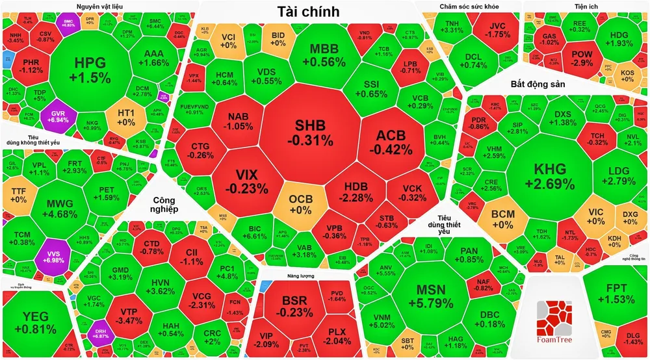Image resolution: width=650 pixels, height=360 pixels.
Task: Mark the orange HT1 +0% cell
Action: (x=125, y=117)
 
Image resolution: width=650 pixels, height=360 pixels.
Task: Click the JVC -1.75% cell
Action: (x=499, y=30)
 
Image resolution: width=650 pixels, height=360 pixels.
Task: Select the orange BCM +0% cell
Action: (x=502, y=219)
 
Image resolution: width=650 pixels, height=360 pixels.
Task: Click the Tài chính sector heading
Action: (x=307, y=11)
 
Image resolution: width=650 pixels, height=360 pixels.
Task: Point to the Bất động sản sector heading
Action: (x=538, y=85)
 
